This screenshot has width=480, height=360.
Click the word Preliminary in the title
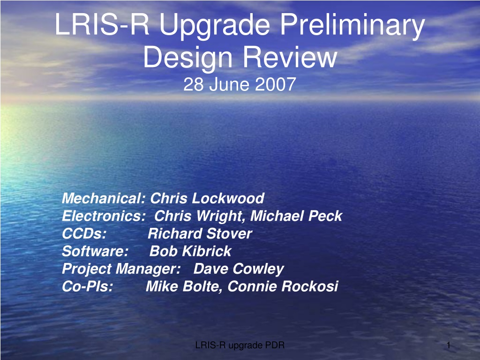pos(352,26)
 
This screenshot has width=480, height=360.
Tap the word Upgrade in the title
pos(215,26)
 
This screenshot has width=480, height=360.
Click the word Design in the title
pos(188,59)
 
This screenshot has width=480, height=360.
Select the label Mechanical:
pos(104,198)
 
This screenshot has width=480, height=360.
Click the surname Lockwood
pos(228,198)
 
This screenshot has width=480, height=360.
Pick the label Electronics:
pos(104,216)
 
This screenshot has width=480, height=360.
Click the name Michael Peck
pos(296,216)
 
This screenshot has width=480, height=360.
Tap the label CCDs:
pos(84,234)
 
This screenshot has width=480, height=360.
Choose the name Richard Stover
pos(200,234)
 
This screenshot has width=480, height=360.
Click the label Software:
pos(95,251)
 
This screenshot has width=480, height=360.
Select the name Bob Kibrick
pos(190,251)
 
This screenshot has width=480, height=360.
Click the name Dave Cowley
pos(239,270)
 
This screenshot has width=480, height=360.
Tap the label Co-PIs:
pos(88,286)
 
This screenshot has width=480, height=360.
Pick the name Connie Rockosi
pos(283,286)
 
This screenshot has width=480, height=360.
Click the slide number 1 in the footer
pos(449,345)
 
